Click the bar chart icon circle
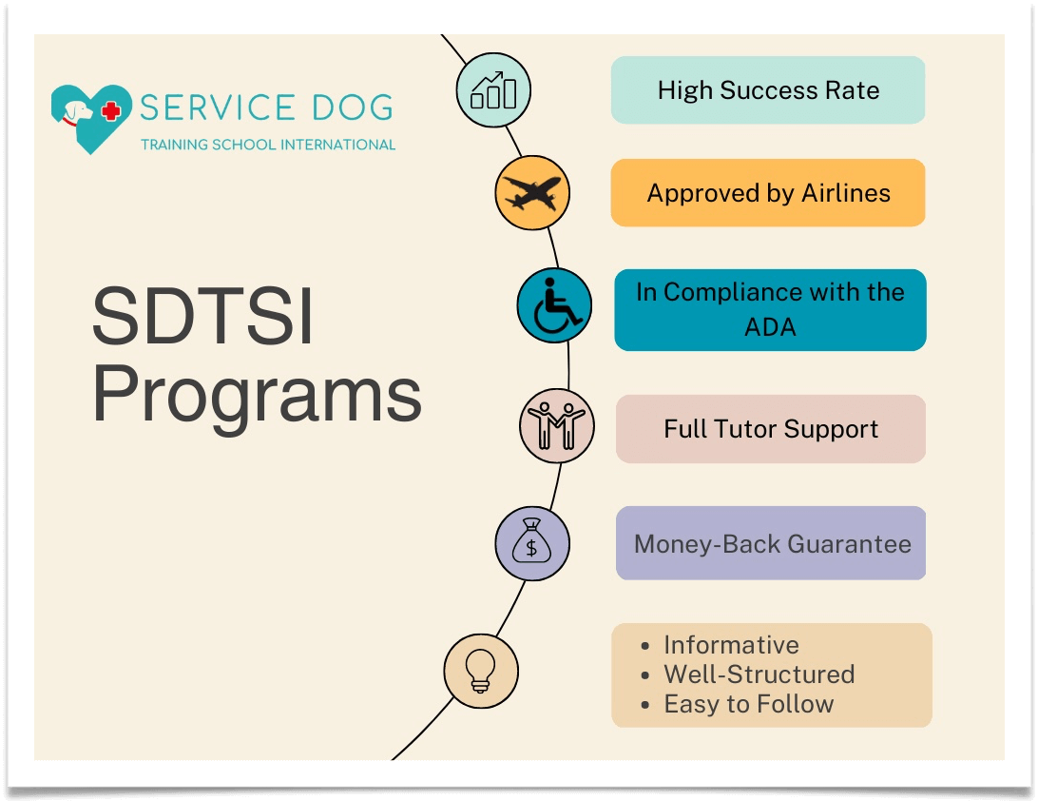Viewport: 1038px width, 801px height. (x=493, y=90)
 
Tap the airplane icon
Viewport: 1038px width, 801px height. (x=532, y=193)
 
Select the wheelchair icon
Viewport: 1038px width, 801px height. (x=555, y=305)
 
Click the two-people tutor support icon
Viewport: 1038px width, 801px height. (x=557, y=425)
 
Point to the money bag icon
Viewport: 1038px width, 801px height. (x=531, y=541)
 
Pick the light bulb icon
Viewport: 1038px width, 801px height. (x=481, y=671)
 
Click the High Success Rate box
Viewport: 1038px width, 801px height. (x=768, y=90)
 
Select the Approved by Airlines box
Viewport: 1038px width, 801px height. (x=768, y=193)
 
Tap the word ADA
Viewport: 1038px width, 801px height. (x=770, y=327)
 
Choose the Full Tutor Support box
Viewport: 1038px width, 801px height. (x=771, y=429)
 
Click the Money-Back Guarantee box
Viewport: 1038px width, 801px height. (x=771, y=543)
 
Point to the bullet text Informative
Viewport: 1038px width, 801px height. (x=732, y=645)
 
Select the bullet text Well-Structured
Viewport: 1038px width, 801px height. (x=759, y=674)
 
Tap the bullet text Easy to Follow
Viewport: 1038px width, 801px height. (x=749, y=704)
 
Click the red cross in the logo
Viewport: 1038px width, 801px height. (x=111, y=110)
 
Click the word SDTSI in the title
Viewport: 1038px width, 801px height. (x=202, y=316)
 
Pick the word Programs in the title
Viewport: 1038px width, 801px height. (x=257, y=396)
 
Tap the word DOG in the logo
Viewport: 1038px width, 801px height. (x=353, y=107)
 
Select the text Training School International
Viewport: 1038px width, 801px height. (x=268, y=145)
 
